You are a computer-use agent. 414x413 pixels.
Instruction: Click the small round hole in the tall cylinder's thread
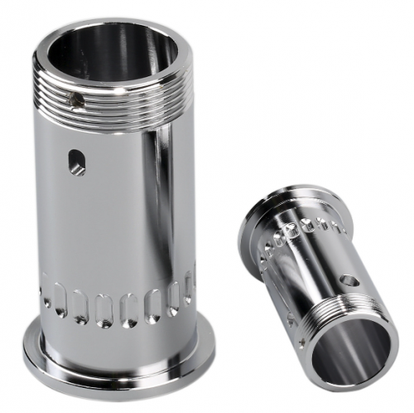pyautogui.click(x=77, y=102)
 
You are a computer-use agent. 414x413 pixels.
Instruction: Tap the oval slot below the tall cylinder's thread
pyautogui.click(x=77, y=161)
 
